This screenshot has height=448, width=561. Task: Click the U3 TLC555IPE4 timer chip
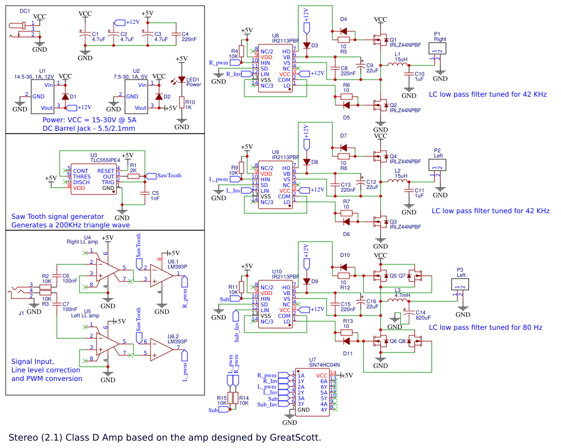[x=93, y=180]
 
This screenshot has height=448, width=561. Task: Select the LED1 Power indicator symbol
[x=182, y=80]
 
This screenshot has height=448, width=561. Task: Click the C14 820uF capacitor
[x=407, y=313]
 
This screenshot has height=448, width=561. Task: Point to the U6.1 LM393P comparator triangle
[x=162, y=279]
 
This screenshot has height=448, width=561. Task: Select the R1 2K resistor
[x=133, y=176]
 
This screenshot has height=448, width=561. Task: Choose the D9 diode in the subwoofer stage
[x=307, y=281]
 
